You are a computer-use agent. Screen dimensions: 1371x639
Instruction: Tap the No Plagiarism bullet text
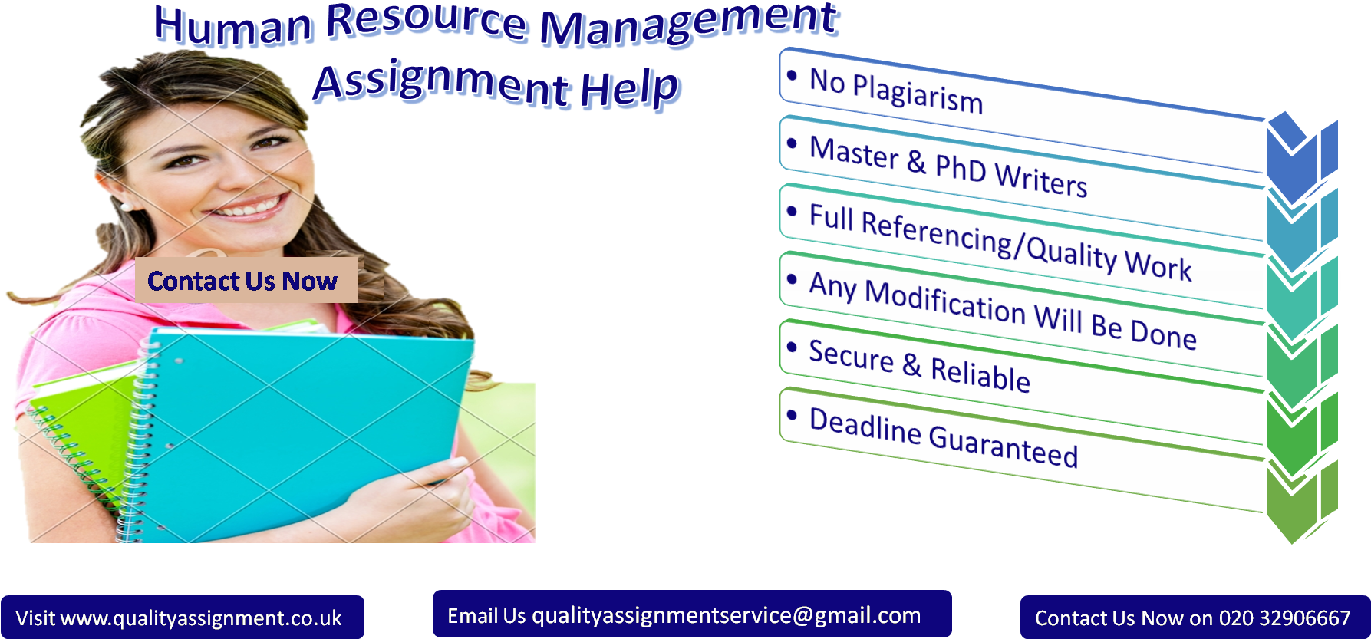click(896, 91)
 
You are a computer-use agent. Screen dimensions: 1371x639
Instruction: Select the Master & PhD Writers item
click(948, 166)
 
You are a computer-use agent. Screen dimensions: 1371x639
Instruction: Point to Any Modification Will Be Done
click(1003, 311)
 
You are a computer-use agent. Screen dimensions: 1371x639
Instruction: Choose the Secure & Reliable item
click(919, 366)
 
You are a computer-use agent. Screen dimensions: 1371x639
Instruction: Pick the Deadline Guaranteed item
click(944, 437)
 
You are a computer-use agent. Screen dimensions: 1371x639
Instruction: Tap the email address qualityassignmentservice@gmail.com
click(726, 615)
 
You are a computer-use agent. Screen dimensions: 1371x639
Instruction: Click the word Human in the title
click(233, 26)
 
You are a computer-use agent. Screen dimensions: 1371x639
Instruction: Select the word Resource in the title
click(427, 21)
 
